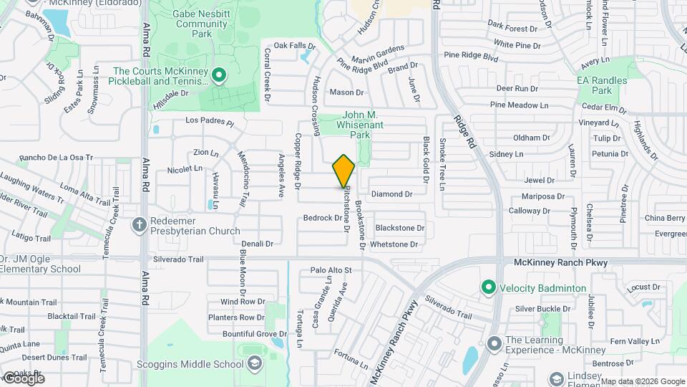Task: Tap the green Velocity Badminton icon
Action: click(489, 288)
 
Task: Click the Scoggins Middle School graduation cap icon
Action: click(254, 364)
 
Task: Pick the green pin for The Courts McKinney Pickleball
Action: click(219, 74)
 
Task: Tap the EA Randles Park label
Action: click(602, 85)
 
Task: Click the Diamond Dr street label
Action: click(392, 194)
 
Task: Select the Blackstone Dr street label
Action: click(400, 228)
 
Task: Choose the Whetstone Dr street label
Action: click(394, 244)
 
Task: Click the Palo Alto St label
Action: click(331, 270)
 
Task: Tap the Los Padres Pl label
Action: click(210, 121)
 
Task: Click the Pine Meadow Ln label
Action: click(519, 105)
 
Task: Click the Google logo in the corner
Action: click(23, 378)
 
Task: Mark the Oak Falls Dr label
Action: click(294, 46)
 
